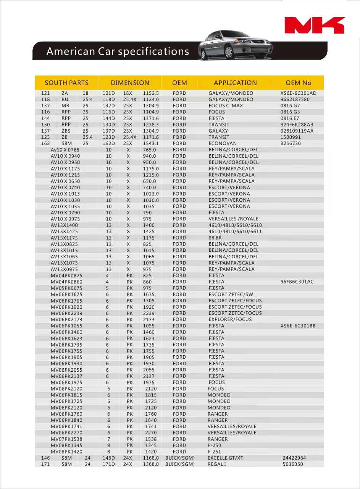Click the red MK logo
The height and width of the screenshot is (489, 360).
pyautogui.click(x=315, y=25)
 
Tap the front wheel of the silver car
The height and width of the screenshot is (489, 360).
pyautogui.click(x=229, y=52)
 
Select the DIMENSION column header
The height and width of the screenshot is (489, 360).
pyautogui.click(x=130, y=83)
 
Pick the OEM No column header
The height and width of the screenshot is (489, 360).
pyautogui.click(x=298, y=83)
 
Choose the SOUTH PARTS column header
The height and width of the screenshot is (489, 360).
pyautogui.click(x=66, y=83)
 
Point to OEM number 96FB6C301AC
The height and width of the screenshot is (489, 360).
pyautogui.click(x=297, y=282)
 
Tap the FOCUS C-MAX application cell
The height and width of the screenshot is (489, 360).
pyautogui.click(x=225, y=106)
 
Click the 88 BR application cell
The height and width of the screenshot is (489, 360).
pyautogui.click(x=215, y=238)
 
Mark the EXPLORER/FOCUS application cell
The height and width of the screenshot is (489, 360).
pyautogui.click(x=230, y=319)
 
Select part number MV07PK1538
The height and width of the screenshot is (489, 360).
pyautogui.click(x=66, y=439)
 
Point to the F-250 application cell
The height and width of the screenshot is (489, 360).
pyautogui.click(x=215, y=445)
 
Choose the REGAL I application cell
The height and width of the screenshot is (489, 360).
pyautogui.click(x=216, y=464)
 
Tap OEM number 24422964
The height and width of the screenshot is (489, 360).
pyautogui.click(x=294, y=458)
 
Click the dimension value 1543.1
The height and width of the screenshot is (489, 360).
pyautogui.click(x=151, y=143)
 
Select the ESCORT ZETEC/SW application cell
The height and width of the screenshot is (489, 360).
pyautogui.click(x=231, y=295)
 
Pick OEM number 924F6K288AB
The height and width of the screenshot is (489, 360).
pyautogui.click(x=296, y=125)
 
